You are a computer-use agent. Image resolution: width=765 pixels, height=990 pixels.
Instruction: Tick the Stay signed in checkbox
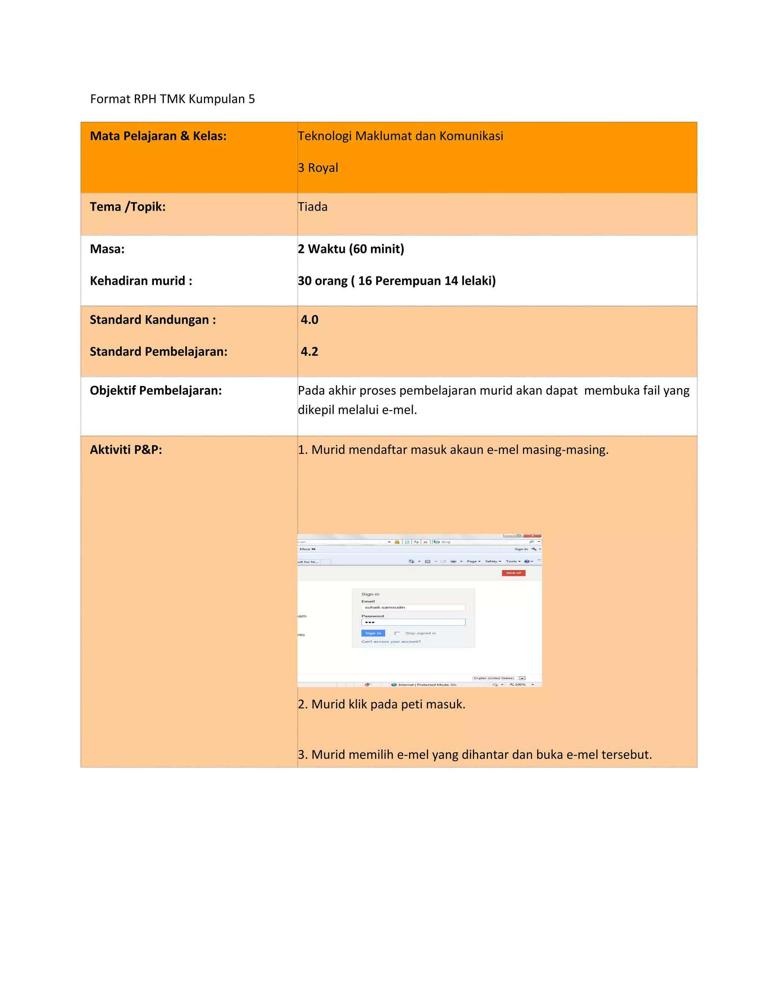397,633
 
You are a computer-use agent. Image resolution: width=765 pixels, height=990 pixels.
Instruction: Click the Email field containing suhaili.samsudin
413,607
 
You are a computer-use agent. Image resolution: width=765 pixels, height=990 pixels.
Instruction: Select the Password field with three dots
413,622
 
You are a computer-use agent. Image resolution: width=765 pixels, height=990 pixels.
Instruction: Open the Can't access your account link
391,641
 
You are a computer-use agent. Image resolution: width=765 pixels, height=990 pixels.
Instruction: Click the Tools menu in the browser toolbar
512,561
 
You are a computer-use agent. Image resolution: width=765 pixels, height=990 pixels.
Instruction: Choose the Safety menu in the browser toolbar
493,561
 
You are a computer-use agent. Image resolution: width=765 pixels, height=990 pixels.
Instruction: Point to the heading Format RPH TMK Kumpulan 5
172,99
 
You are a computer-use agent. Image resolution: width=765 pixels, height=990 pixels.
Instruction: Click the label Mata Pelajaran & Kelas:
158,136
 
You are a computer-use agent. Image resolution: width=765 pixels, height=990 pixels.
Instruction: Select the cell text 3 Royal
318,168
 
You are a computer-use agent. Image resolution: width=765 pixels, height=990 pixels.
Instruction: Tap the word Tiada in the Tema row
313,207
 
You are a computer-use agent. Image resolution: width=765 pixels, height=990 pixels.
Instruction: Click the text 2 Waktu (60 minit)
351,249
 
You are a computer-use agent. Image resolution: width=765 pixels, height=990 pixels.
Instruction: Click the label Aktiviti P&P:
126,450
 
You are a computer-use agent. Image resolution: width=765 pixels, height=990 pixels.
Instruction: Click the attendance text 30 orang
323,281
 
